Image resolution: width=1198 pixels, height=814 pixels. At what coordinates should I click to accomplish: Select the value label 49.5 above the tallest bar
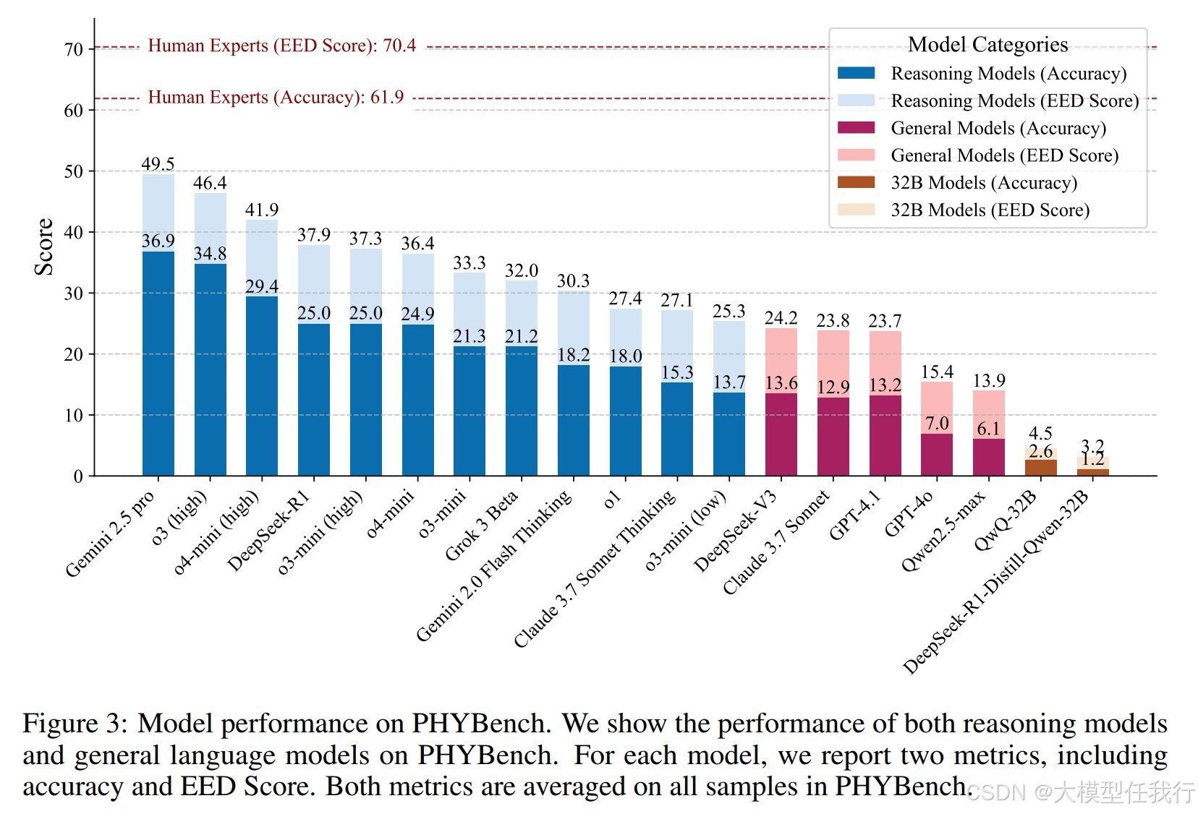pyautogui.click(x=158, y=164)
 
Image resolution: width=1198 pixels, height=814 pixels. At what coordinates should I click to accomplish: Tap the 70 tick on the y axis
pyautogui.click(x=74, y=50)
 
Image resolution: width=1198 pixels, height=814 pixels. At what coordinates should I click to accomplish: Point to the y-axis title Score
pyautogui.click(x=44, y=247)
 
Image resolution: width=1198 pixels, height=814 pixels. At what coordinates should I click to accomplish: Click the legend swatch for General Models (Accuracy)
pyautogui.click(x=856, y=128)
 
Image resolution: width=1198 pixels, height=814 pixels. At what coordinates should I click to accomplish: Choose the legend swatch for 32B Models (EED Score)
pyautogui.click(x=856, y=210)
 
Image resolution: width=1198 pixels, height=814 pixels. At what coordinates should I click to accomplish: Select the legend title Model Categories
pyautogui.click(x=987, y=45)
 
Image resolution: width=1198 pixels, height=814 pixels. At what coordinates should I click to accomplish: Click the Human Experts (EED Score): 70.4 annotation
pyautogui.click(x=281, y=46)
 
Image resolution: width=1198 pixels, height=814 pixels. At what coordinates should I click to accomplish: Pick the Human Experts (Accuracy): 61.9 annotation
pyautogui.click(x=276, y=97)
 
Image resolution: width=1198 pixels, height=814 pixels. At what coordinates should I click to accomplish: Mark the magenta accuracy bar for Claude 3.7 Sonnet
pyautogui.click(x=833, y=437)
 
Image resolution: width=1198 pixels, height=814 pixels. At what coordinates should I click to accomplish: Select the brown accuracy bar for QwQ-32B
pyautogui.click(x=1040, y=468)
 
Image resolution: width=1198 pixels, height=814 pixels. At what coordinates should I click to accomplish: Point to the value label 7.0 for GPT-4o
pyautogui.click(x=937, y=423)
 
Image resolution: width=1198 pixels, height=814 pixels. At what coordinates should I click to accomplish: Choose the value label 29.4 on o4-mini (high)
pyautogui.click(x=262, y=286)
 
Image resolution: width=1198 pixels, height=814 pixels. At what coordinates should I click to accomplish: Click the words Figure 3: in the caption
pyautogui.click(x=75, y=724)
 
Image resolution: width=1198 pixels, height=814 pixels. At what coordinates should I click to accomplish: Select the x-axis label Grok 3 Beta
pyautogui.click(x=482, y=526)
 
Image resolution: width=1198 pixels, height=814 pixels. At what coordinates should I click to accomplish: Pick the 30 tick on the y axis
pyautogui.click(x=74, y=294)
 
